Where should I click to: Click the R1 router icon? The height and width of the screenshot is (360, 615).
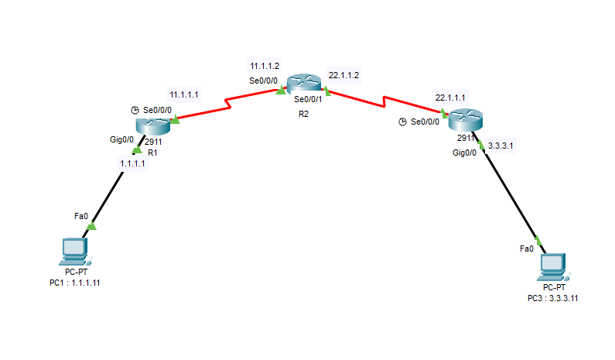152,124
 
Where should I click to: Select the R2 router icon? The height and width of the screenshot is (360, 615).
302,84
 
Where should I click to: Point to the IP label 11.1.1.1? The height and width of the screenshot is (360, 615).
184,94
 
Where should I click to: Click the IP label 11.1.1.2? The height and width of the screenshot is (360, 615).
263,67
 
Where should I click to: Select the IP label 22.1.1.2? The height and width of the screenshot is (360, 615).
344,74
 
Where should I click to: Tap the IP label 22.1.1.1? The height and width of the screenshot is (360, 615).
450,98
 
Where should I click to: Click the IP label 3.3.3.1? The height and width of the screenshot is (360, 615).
501,145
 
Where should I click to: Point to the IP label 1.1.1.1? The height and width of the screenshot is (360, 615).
133,164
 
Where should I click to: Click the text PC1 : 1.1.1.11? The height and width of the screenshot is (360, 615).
75,283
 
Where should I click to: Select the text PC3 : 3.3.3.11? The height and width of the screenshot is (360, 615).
552,298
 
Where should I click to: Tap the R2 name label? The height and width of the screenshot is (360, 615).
303,114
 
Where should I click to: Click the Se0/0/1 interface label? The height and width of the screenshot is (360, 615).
308,100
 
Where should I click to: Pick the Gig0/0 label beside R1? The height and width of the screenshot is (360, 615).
121,140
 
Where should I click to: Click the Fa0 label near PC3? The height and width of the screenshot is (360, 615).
526,249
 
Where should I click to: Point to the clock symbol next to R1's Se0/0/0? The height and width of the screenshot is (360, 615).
135,111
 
